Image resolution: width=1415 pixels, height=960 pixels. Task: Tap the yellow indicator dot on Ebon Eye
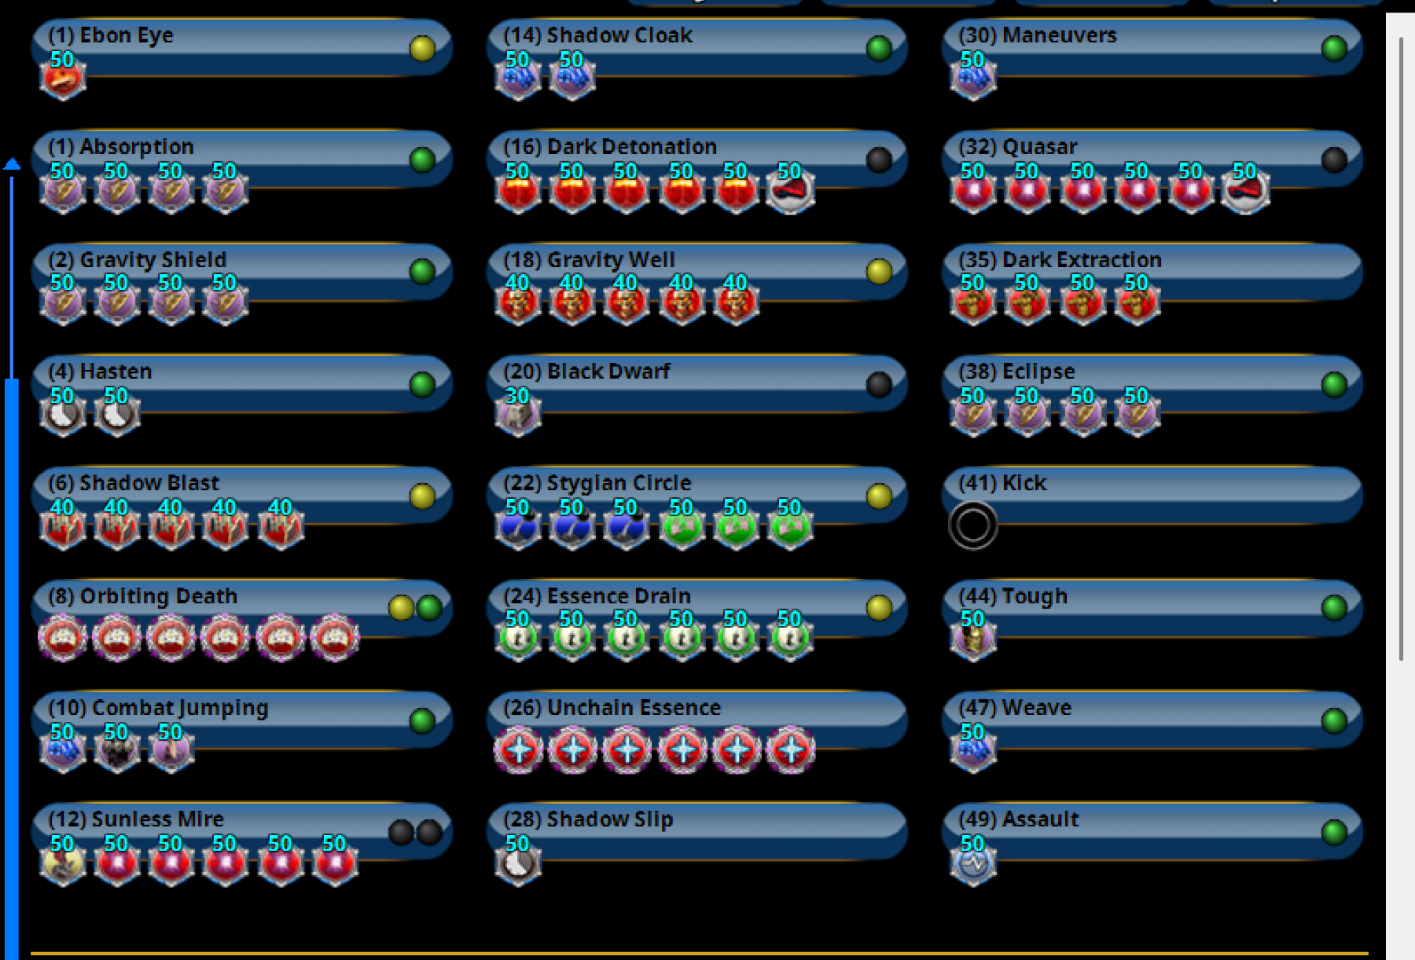[422, 49]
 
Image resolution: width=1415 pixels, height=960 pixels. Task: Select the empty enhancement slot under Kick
[972, 525]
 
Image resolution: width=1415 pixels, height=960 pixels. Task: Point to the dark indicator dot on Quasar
[1334, 160]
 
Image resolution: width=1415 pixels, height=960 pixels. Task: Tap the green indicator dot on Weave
[1334, 720]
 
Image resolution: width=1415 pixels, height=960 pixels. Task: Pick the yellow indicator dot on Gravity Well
[879, 272]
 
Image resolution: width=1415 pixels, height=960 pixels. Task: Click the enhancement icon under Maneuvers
[973, 78]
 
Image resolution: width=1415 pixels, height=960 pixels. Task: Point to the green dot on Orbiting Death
[429, 607]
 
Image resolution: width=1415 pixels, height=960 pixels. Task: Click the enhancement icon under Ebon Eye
[63, 78]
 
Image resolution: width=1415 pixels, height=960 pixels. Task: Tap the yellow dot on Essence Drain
[879, 607]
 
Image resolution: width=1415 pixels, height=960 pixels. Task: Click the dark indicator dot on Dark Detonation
[879, 160]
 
